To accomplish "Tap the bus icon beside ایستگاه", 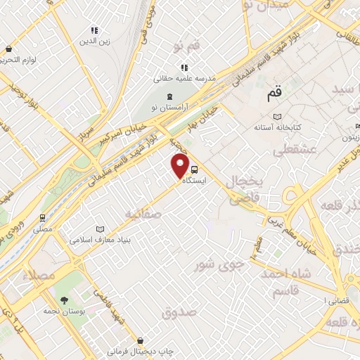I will pyautogui.click(x=195, y=169).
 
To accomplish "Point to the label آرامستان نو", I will pyautogui.click(x=168, y=108).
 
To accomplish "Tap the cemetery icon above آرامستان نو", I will pyautogui.click(x=168, y=96).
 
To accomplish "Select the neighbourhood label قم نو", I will pyautogui.click(x=187, y=46).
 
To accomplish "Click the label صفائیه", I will pyautogui.click(x=143, y=211).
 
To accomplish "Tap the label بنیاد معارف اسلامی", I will pyautogui.click(x=96, y=240).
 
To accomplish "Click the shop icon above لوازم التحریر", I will pyautogui.click(x=8, y=49).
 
